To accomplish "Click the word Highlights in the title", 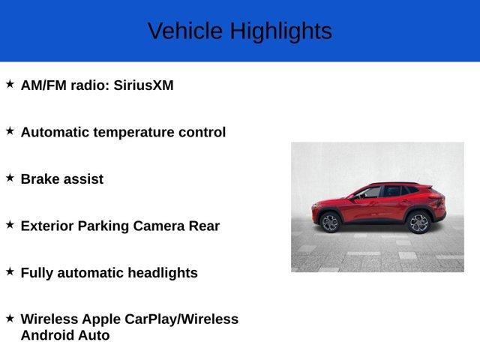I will [280, 31].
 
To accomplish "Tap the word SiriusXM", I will [144, 85].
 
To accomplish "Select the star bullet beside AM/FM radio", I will [10, 84].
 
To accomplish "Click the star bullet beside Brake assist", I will [10, 178].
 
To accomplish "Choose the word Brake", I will [40, 179].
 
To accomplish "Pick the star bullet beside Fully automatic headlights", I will [10, 271].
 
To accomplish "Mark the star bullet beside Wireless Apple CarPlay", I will [10, 318].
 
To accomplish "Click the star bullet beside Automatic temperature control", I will [10, 130].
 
